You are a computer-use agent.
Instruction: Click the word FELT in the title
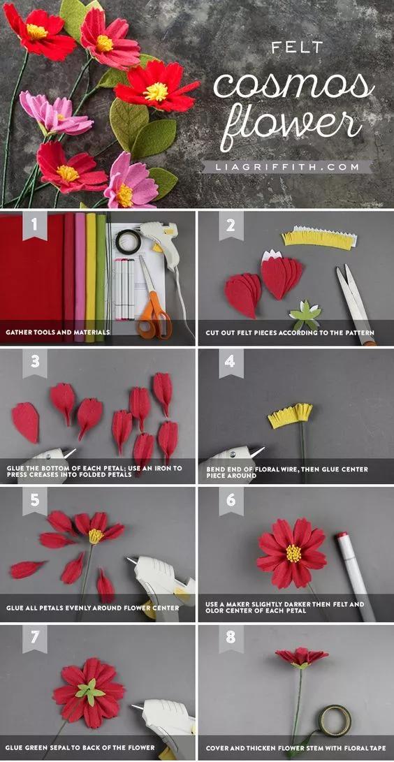297,47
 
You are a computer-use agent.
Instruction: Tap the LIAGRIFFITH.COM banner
287,167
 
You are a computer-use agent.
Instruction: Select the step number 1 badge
34,225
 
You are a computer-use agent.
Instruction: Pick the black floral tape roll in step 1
129,242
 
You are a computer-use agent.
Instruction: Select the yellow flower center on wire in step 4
291,417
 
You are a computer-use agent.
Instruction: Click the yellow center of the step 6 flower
293,553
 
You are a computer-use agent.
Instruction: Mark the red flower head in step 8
302,657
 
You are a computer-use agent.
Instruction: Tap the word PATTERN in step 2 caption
357,333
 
